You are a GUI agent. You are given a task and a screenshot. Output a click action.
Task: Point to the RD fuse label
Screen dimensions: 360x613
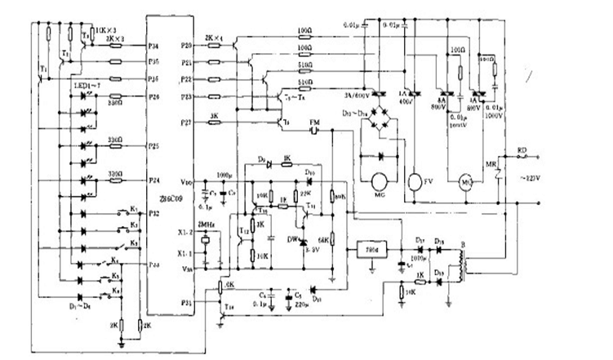(522, 150)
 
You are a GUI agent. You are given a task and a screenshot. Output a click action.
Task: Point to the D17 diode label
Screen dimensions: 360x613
(419, 239)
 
